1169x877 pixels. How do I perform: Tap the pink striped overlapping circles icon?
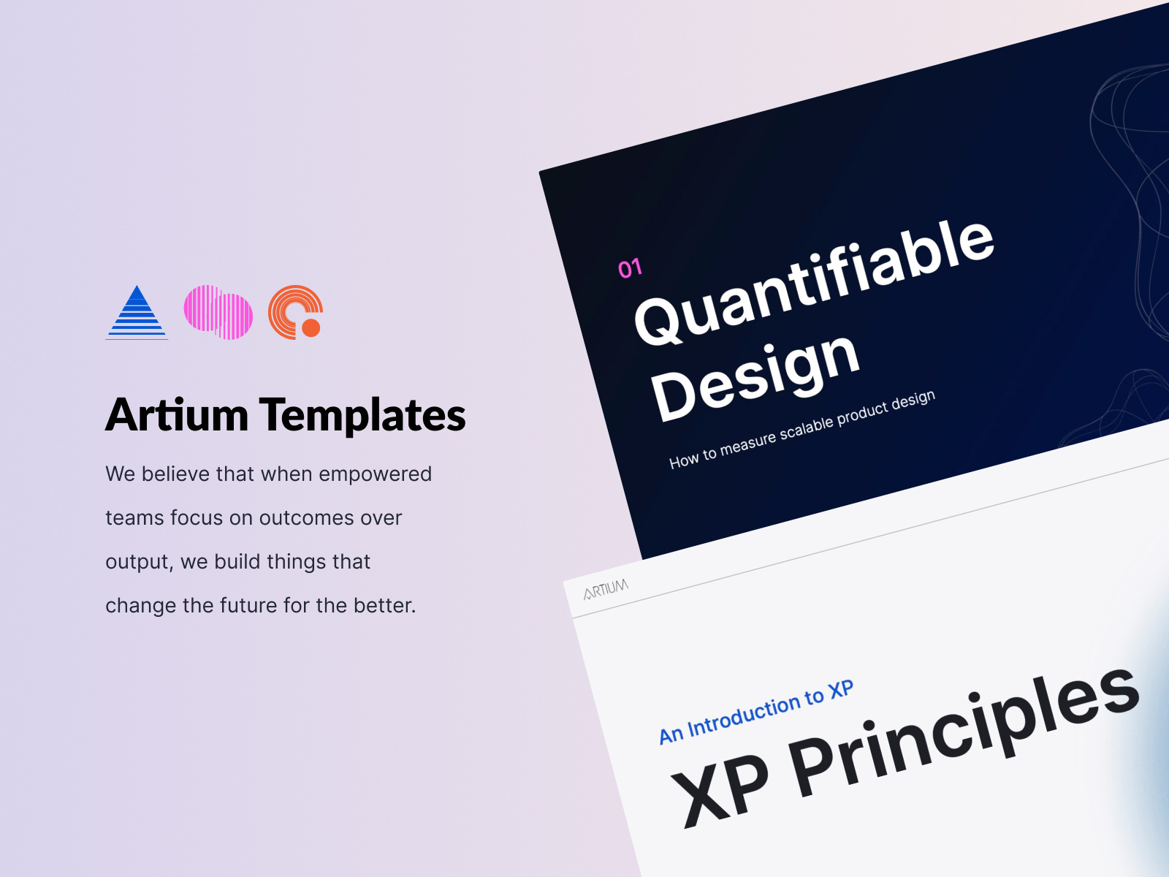coord(218,312)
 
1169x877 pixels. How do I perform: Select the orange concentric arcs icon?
coord(294,311)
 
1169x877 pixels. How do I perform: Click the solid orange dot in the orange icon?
coord(311,327)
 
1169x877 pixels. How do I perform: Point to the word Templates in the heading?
coord(362,415)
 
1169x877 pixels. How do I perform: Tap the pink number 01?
coord(630,268)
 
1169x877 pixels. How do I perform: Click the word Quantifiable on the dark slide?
coord(814,281)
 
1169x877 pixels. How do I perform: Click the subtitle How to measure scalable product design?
coord(802,429)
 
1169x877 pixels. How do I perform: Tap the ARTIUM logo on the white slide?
coord(606,589)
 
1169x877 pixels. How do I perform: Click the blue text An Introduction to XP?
coord(756,711)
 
